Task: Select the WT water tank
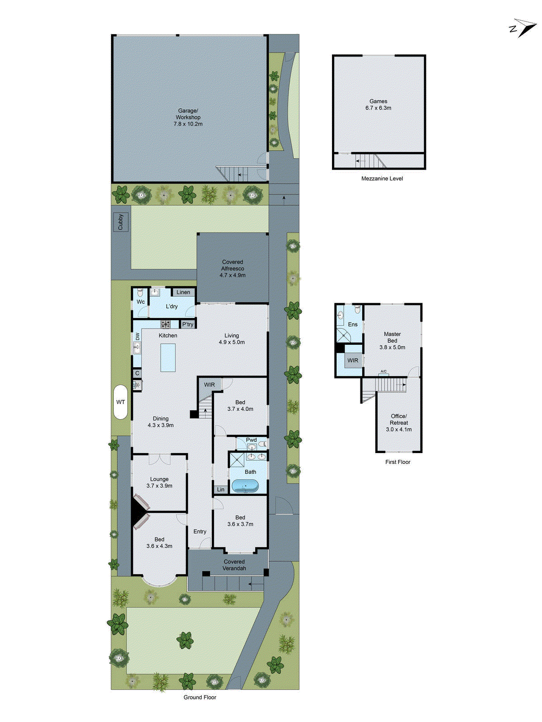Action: pos(121,402)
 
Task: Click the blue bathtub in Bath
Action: pos(245,486)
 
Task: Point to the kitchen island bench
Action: pos(168,357)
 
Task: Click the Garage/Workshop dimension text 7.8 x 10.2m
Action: pos(188,124)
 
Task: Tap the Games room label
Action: pos(378,102)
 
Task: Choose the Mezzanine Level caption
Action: pos(382,179)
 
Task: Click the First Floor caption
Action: pos(398,462)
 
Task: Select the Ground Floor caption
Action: pos(200,697)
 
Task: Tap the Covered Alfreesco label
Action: pos(233,265)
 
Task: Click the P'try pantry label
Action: pos(188,324)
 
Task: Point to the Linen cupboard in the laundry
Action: pos(183,292)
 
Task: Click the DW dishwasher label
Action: pos(137,336)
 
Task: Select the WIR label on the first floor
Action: pos(353,361)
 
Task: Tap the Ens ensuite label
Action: pos(353,324)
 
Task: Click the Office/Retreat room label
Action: pos(399,420)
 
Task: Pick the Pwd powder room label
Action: pos(251,440)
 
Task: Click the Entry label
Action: pos(200,532)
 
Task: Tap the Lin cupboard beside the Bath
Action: pos(221,490)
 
